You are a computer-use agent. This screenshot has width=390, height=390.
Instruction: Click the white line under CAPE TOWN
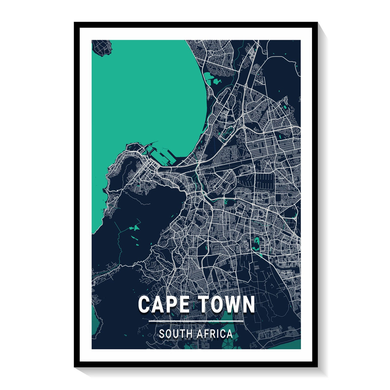(196, 321)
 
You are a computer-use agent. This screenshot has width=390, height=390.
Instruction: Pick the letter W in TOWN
(232, 305)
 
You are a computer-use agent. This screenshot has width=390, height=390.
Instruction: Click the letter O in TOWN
(216, 305)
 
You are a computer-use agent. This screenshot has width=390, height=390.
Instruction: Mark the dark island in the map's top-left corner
(101, 47)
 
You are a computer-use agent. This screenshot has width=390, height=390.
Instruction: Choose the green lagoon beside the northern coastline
(209, 78)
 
